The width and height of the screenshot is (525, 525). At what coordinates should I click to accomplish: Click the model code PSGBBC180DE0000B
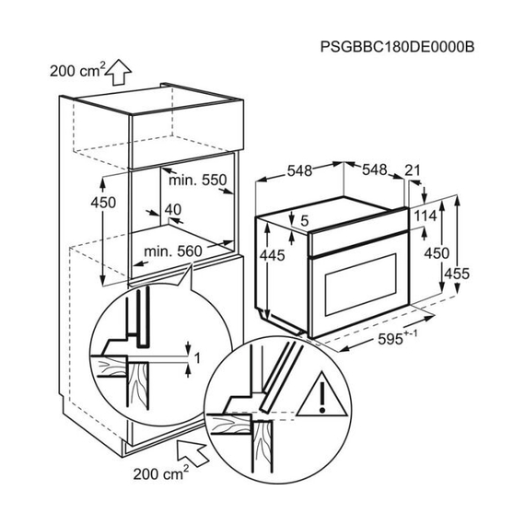click(397, 47)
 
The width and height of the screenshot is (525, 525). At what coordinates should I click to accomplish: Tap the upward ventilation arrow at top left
click(118, 72)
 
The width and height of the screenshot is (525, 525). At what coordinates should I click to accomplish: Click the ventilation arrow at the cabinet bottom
click(192, 452)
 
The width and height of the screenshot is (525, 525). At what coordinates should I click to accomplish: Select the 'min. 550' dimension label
click(197, 181)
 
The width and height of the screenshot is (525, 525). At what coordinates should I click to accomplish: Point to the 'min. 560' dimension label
click(173, 251)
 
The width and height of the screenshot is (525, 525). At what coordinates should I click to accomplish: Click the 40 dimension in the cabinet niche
click(173, 210)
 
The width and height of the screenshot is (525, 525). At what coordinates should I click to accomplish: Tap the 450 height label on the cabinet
click(103, 203)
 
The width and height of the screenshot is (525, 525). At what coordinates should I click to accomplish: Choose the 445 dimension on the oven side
click(273, 255)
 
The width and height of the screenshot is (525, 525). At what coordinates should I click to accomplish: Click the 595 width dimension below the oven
click(397, 338)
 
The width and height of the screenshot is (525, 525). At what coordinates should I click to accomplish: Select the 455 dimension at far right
click(457, 274)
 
